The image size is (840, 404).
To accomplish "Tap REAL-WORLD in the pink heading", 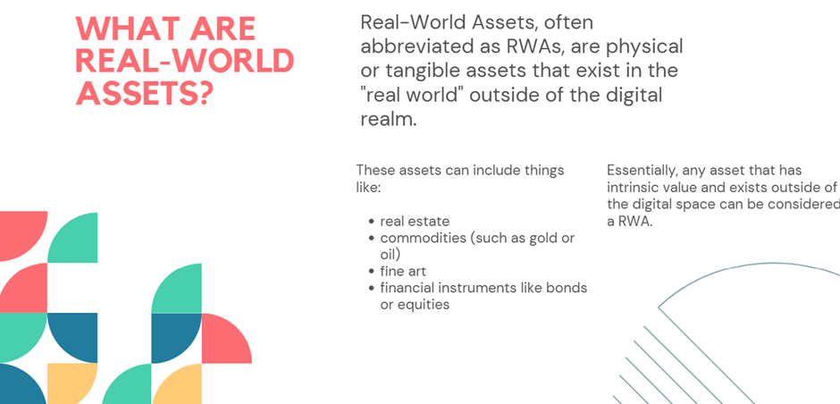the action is tap(185, 60).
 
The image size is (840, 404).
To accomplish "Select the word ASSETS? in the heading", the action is tap(145, 92).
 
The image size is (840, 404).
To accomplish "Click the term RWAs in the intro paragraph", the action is tap(534, 46).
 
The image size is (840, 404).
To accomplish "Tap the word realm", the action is tap(389, 119).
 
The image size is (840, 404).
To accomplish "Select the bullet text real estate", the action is tap(415, 221).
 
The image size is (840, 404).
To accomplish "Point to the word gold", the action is tap(542, 239).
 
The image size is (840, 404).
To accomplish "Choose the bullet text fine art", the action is tap(403, 271).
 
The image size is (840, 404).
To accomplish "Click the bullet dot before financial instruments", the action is tap(372, 289).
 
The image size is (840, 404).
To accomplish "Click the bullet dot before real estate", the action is tap(372, 222).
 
